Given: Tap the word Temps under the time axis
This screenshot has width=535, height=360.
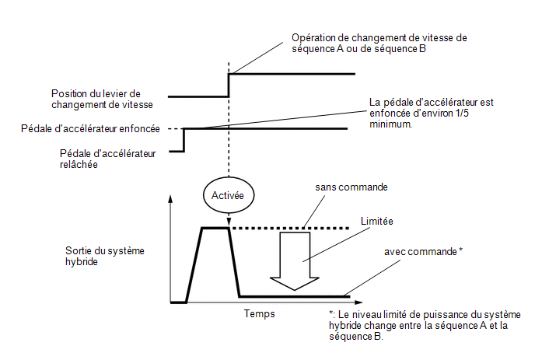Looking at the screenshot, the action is click(x=259, y=313).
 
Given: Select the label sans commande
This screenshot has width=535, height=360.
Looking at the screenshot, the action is click(x=351, y=187).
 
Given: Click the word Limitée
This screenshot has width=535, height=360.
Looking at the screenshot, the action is click(x=376, y=221).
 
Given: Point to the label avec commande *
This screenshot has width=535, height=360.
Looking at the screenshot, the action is click(x=424, y=251).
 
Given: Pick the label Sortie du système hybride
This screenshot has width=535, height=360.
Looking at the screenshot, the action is click(x=105, y=257).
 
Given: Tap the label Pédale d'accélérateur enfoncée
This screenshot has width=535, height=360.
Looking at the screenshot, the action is click(x=90, y=128).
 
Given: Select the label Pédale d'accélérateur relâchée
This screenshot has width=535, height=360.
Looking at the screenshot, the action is click(x=108, y=159).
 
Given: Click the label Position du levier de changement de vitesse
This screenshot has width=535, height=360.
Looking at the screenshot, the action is click(x=102, y=99).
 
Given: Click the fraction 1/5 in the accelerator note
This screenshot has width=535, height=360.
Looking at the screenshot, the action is click(x=462, y=114).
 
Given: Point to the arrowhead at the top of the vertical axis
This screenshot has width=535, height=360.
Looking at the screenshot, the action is click(x=170, y=199).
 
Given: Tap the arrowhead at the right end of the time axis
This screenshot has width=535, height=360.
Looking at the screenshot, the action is click(x=358, y=302).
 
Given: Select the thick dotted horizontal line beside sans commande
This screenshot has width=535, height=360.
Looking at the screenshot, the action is click(x=290, y=228).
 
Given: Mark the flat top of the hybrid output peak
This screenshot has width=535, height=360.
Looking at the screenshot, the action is click(x=215, y=228).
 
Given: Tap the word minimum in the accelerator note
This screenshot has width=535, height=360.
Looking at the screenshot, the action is click(x=390, y=124).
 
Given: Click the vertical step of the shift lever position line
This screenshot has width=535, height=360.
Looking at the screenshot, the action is click(x=229, y=86).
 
